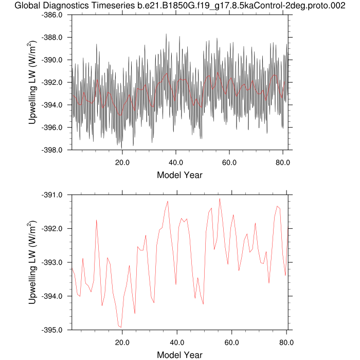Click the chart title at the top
pyautogui.click(x=180, y=6)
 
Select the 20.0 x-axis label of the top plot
pyautogui.click(x=122, y=162)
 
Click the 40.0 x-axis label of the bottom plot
pyautogui.click(x=176, y=342)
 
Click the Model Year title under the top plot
pyautogui.click(x=179, y=175)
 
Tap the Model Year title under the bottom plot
pyautogui.click(x=179, y=355)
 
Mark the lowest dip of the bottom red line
pyautogui.click(x=121, y=327)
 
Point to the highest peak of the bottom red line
pyautogui.click(x=220, y=199)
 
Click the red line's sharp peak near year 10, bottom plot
pyautogui.click(x=96, y=220)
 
